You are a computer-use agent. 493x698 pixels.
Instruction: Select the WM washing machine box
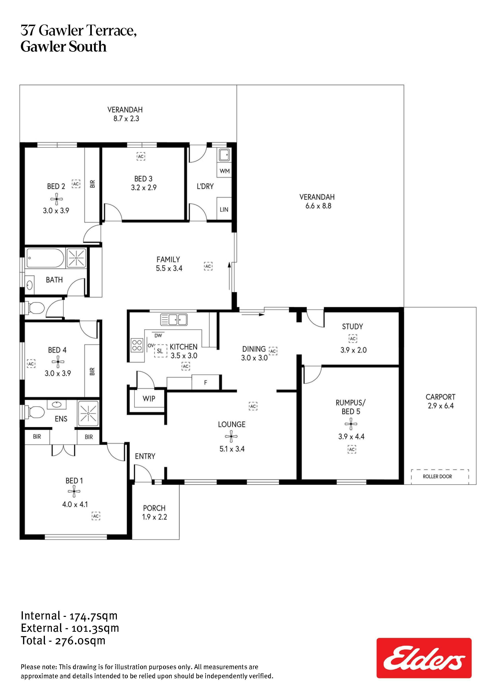coord(225,171)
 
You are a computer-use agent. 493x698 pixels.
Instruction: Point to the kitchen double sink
coord(174,319)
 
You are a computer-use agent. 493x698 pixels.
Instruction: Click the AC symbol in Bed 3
coord(141,156)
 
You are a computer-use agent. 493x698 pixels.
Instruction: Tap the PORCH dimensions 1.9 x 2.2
coord(155,517)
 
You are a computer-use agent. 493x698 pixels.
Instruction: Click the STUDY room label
coord(352,326)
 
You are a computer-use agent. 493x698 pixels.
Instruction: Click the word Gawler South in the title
coord(63,47)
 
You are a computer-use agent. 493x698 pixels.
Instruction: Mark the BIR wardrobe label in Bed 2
coord(93,184)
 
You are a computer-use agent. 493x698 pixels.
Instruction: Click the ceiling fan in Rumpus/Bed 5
coord(351,424)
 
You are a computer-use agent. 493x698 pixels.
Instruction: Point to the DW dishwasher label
coord(158,336)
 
